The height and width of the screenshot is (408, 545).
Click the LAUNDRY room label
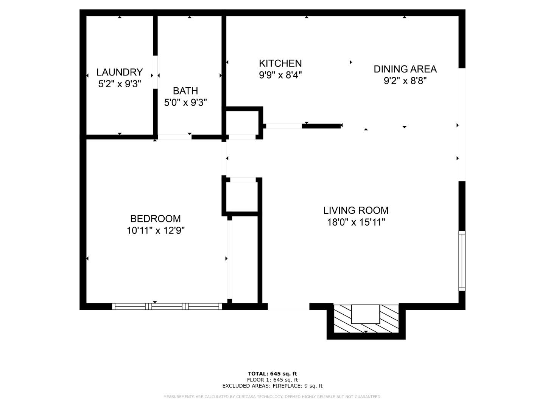pos(119,72)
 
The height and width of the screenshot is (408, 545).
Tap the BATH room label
pos(185,91)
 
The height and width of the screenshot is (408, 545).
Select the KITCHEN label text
pos(280,63)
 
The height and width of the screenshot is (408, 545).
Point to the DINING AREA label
pos(405,69)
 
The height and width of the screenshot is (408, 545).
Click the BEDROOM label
pos(155,218)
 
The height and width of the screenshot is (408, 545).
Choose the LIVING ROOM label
pos(356,210)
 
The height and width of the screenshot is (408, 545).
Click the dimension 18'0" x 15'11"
pos(356,222)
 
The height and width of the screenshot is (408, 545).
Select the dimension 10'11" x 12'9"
pos(155,230)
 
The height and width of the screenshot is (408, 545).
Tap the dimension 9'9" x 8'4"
pos(280,75)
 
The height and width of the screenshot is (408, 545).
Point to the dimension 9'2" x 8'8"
pos(405,81)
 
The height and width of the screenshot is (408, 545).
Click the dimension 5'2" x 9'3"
pos(119,84)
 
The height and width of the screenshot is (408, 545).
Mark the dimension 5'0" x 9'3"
pos(185,102)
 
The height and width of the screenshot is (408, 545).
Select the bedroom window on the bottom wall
pos(167,306)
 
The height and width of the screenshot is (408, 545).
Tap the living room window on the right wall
pos(462,261)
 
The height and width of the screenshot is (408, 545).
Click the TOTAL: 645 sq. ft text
pos(272,374)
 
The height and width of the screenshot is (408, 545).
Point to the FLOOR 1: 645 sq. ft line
pos(272,380)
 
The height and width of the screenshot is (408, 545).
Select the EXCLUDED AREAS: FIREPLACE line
pos(272,386)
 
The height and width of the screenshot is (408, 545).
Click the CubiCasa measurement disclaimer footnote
pos(272,397)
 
